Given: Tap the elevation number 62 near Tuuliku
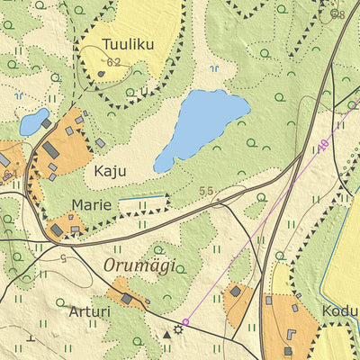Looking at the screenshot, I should coord(113,62).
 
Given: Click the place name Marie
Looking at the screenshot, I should coord(94,204).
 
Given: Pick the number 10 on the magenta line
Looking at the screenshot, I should coord(321,143).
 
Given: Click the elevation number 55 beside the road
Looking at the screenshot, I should coord(206,192).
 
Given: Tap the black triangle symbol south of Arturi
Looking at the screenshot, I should coord(166,334).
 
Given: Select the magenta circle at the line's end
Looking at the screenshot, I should coord(186,321).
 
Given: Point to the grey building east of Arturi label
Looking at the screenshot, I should coord(128,298).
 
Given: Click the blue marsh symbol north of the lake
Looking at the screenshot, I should coord(213,68).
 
